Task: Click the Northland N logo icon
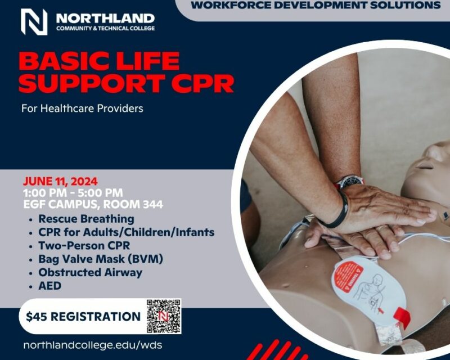pyautogui.click(x=34, y=22)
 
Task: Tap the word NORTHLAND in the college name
pyautogui.click(x=105, y=19)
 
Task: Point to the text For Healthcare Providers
pyautogui.click(x=82, y=109)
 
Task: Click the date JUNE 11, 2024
pyautogui.click(x=60, y=182)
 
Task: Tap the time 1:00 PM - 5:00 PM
pyautogui.click(x=73, y=193)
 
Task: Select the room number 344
pyautogui.click(x=153, y=204)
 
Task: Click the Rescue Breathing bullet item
pyautogui.click(x=86, y=219)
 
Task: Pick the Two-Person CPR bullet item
pyautogui.click(x=84, y=246)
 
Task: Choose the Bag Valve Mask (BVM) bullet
pyautogui.click(x=101, y=259)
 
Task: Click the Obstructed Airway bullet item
pyautogui.click(x=90, y=272)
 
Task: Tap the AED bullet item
pyautogui.click(x=50, y=286)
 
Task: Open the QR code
pyautogui.click(x=164, y=316)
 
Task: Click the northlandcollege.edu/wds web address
pyautogui.click(x=93, y=345)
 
